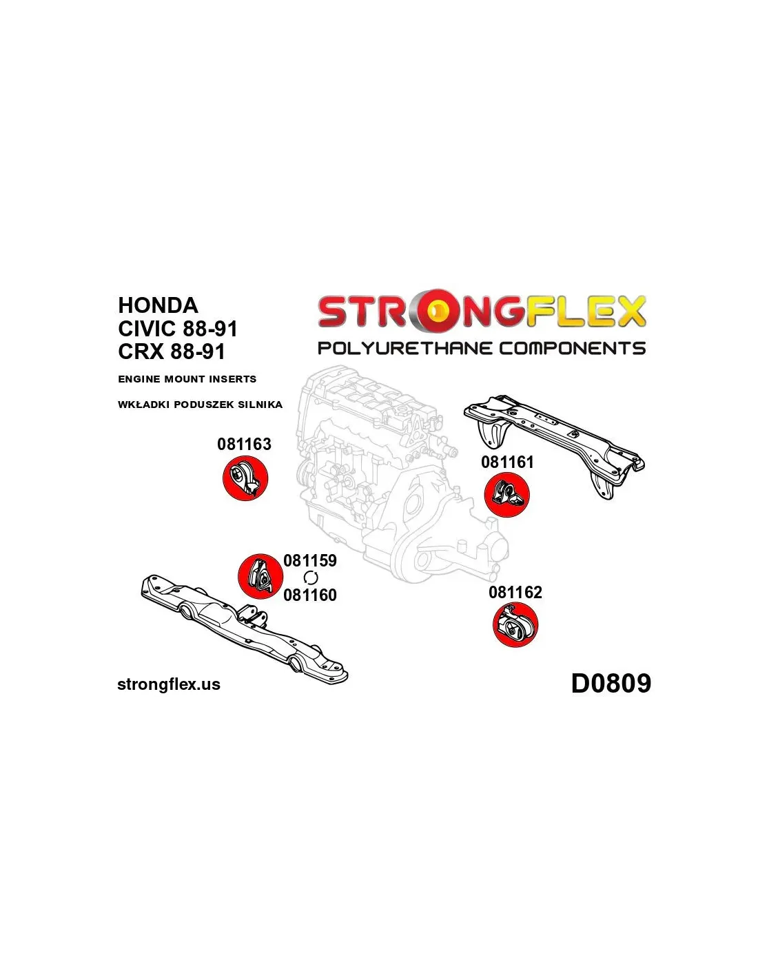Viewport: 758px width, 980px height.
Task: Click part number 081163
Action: pyautogui.click(x=244, y=445)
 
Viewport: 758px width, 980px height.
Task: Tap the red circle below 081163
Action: pyautogui.click(x=245, y=479)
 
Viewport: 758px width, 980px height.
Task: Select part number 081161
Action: pyautogui.click(x=507, y=462)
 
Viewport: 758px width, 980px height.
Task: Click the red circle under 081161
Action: pyautogui.click(x=506, y=496)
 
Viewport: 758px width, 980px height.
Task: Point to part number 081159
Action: pyautogui.click(x=310, y=560)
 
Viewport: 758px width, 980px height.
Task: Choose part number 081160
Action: pyautogui.click(x=310, y=595)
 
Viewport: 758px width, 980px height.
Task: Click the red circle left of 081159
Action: pyautogui.click(x=260, y=576)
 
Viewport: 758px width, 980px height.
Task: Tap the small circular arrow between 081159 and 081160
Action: pyautogui.click(x=311, y=578)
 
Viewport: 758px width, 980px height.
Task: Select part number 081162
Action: pyautogui.click(x=515, y=593)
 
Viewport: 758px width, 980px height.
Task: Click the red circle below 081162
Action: pyautogui.click(x=515, y=625)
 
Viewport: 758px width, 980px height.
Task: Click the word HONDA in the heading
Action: pyautogui.click(x=158, y=305)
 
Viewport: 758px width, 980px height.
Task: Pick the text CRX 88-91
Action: pyautogui.click(x=172, y=351)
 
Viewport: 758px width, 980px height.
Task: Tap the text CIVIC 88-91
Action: pyautogui.click(x=177, y=328)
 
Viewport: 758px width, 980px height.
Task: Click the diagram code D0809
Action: pyautogui.click(x=611, y=684)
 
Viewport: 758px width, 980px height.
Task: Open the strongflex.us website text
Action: pyautogui.click(x=169, y=684)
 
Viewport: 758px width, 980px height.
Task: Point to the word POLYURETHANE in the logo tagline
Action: pyautogui.click(x=405, y=348)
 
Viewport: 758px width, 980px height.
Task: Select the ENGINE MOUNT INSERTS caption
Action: pyautogui.click(x=187, y=379)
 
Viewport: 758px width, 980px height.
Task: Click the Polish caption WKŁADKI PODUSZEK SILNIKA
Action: pyautogui.click(x=200, y=405)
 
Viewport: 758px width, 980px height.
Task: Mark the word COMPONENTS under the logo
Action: pyautogui.click(x=572, y=348)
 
